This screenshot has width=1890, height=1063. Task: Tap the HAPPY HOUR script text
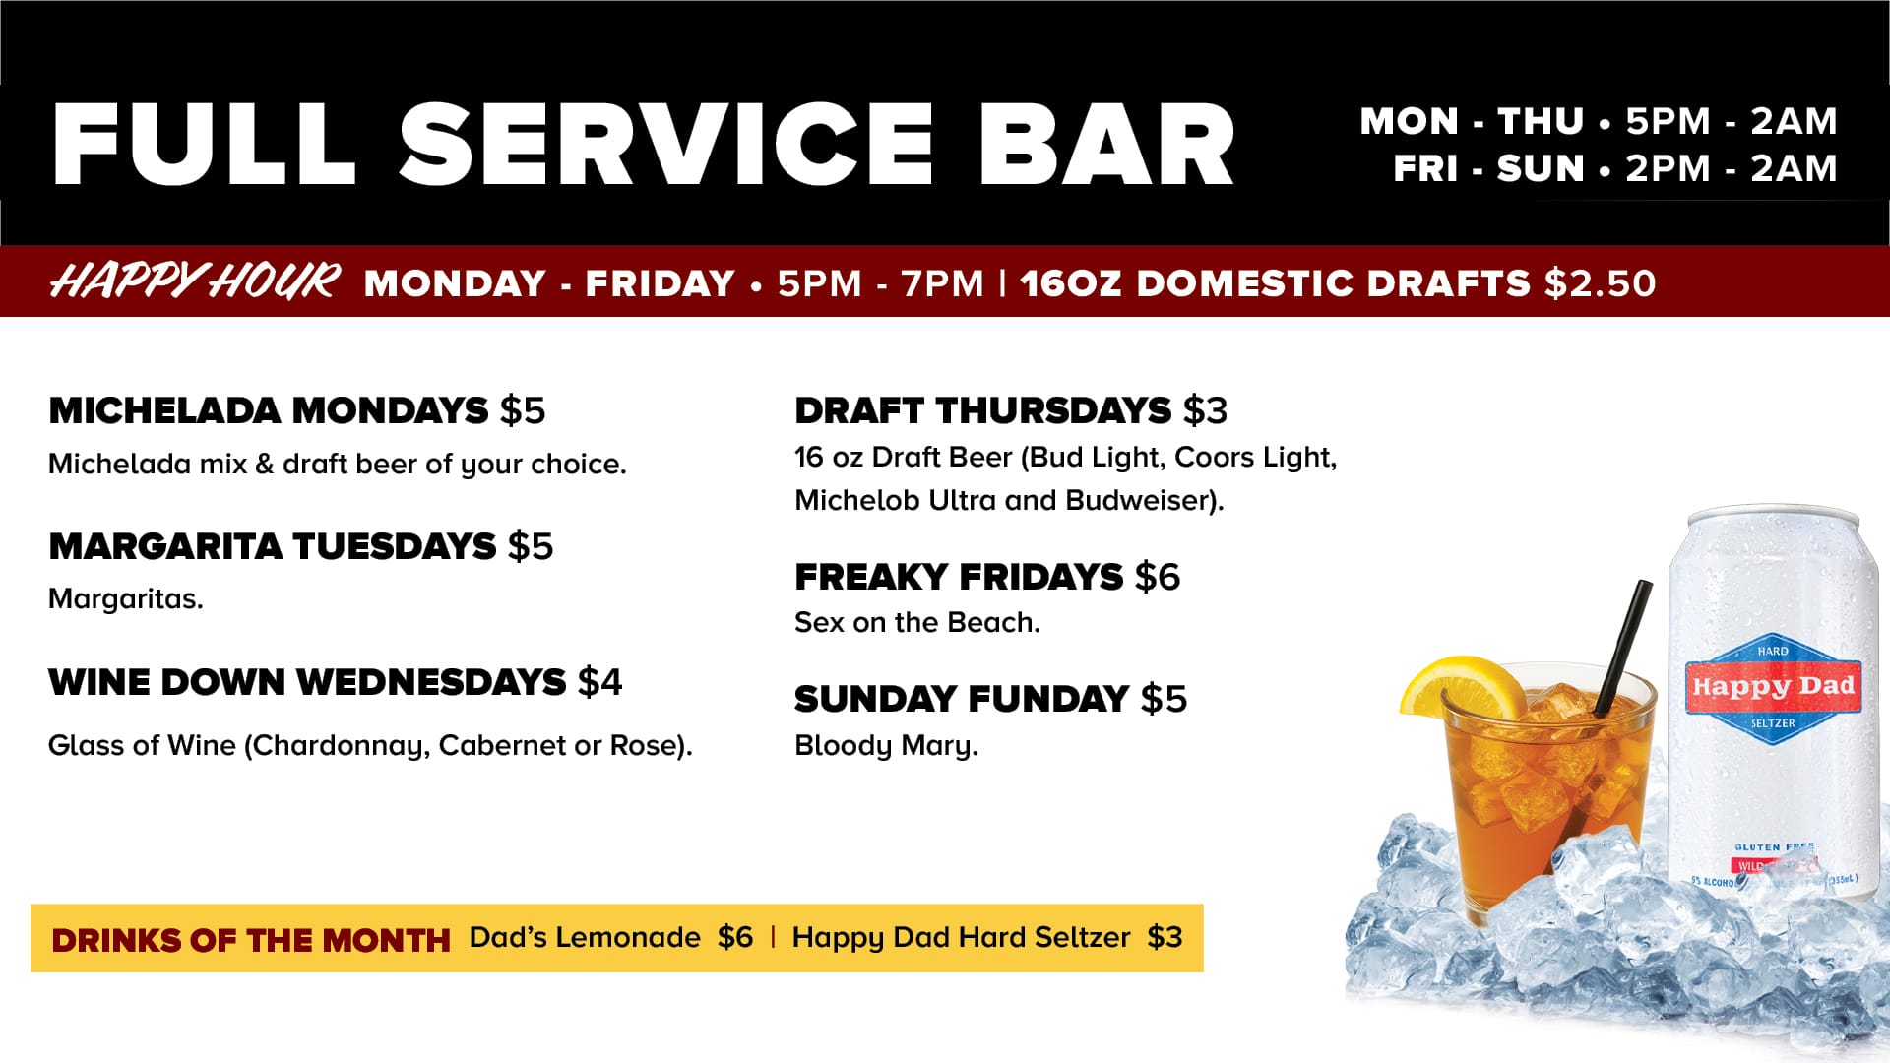point(195,281)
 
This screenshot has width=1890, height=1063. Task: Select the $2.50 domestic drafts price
point(1600,283)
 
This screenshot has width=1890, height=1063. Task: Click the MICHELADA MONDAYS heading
point(269,410)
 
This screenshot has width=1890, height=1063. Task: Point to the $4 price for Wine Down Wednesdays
point(599,682)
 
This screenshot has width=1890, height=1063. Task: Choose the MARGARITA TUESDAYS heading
point(273,546)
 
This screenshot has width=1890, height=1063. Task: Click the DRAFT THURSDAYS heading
point(983,410)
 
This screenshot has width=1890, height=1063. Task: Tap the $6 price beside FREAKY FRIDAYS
point(1157,577)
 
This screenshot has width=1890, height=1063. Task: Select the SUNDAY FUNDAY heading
point(962,699)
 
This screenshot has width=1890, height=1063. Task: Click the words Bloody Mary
point(886,746)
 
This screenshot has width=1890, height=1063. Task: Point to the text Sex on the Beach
point(917,622)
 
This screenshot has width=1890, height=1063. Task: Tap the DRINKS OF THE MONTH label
point(251,940)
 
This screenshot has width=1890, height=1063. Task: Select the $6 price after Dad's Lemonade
point(735,937)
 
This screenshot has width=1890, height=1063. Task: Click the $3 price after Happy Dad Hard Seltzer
point(1165,937)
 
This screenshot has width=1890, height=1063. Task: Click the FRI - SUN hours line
point(1615,168)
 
